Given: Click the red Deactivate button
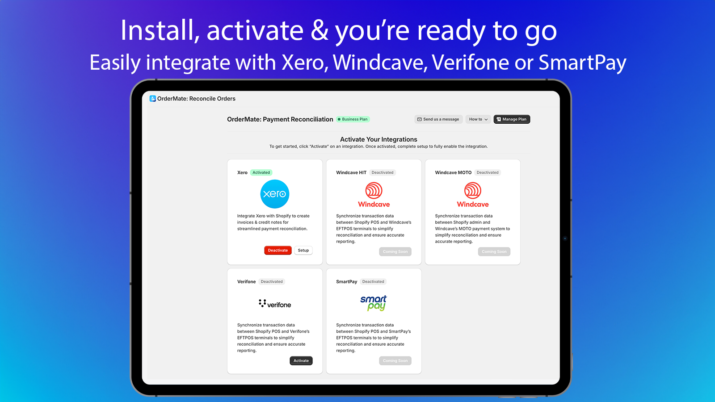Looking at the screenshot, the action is pos(278,251).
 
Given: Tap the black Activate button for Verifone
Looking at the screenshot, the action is pos(301,360).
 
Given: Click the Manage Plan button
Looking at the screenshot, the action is pos(512,119).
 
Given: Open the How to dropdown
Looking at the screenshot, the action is pos(478,119).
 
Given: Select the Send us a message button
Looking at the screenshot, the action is pos(438,119).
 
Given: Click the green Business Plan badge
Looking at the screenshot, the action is pos(353,119).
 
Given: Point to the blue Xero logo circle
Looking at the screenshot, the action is pos(274,194).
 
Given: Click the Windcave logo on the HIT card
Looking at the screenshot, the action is pos(374,195).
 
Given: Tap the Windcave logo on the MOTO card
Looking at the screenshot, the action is pos(473,195).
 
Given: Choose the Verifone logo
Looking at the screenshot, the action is pos(275,304).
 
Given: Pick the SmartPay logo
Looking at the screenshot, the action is pos(374,303).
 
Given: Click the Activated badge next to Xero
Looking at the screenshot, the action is pos(261,172).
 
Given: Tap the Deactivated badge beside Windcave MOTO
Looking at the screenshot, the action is pos(488,172).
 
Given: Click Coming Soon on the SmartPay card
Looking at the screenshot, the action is pos(395,360).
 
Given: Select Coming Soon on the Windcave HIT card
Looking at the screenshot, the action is pos(395,251).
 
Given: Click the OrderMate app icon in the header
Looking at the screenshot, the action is pos(152,99).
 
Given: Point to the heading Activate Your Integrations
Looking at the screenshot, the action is pos(379,139).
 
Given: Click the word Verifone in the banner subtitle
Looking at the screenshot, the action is pos(471,62).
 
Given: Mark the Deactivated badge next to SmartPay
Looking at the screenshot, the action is pos(373,282).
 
